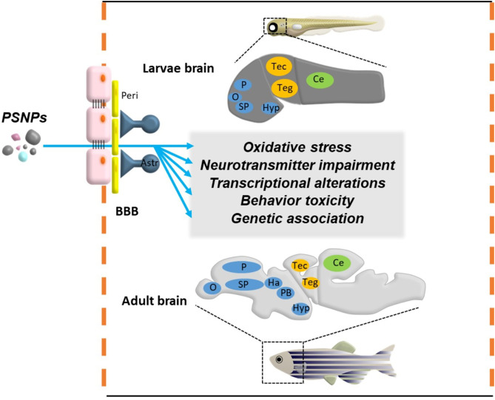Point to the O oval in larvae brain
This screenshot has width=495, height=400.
235,96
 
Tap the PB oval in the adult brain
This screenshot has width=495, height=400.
286,293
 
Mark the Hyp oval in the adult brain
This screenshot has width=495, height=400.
300,308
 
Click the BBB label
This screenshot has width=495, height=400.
127,211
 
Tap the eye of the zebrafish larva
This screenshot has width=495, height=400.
273,27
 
